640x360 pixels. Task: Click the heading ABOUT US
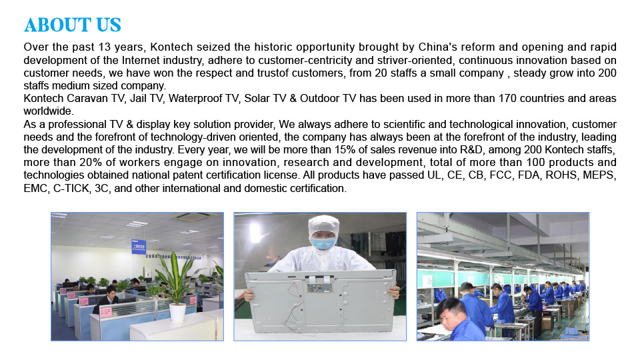[x=73, y=25]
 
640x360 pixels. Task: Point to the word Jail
[x=139, y=99]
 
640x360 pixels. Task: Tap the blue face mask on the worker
[x=324, y=243]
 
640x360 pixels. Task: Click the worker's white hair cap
[x=324, y=227]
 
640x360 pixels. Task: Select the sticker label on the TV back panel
[x=319, y=287]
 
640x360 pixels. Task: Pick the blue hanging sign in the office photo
[x=139, y=247]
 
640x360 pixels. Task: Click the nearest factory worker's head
[x=451, y=309]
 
